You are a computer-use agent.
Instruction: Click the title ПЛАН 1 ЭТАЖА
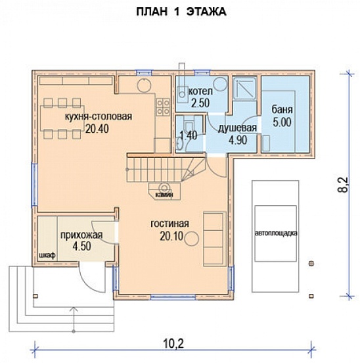point(181,12)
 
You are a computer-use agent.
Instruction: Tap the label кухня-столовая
point(99,116)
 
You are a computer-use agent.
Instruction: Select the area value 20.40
point(97,129)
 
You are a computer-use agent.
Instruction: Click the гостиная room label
point(170,224)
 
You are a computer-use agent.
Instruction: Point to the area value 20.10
point(171,236)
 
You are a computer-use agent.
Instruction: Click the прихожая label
point(81,235)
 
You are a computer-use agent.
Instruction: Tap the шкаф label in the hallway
point(47,255)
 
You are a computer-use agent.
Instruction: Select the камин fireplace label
point(164,195)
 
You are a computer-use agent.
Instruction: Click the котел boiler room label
point(200,91)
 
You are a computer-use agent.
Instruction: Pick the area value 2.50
point(200,103)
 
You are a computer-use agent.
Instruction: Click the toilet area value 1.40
point(189,135)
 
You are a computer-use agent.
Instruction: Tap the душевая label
point(237,128)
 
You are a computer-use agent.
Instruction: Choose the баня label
point(282,110)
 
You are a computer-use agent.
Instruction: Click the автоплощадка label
point(276,233)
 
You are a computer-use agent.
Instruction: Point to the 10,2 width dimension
point(173,344)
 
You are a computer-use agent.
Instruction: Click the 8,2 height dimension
point(343,185)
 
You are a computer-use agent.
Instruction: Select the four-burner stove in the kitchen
point(163,107)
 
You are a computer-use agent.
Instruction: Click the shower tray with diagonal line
point(244,88)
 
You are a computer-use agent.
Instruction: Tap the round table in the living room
point(191,239)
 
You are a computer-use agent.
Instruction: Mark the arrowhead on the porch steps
point(74,309)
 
